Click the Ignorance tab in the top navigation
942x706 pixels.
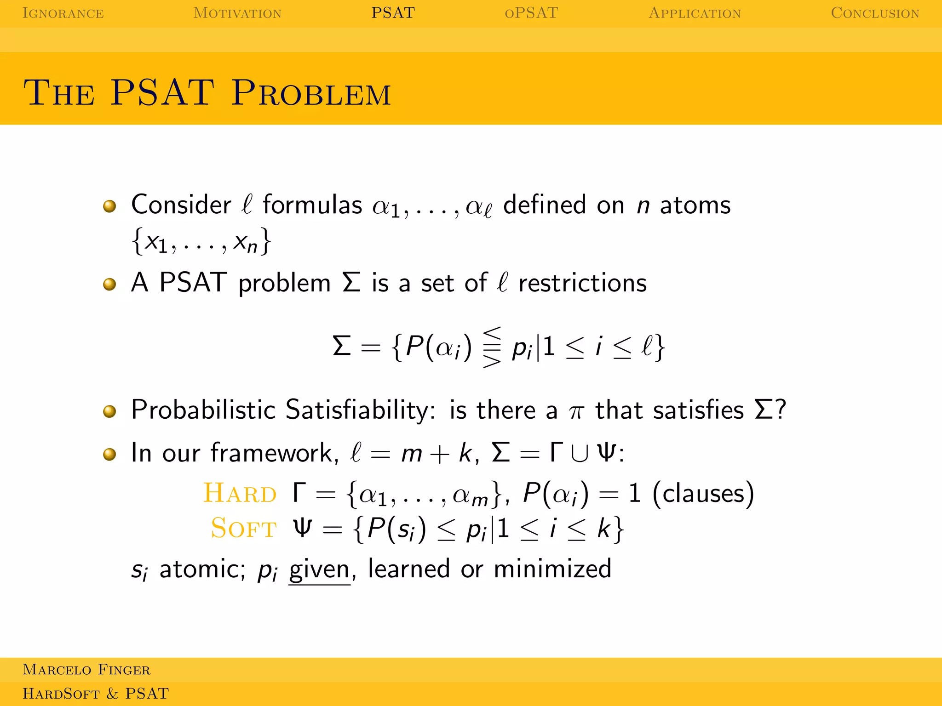coord(63,13)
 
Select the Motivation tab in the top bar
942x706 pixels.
coord(237,13)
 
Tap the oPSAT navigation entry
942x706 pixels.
coord(531,13)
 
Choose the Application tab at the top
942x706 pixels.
coord(695,13)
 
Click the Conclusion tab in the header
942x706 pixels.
coord(875,13)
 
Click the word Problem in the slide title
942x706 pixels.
coord(311,93)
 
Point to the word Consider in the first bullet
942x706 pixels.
coord(181,205)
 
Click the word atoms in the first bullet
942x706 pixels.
coord(695,205)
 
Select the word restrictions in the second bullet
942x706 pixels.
coord(582,283)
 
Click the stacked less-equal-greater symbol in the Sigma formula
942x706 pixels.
coord(492,347)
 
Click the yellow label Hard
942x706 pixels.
coord(240,493)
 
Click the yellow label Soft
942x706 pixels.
coord(243,528)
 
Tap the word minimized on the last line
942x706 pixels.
coord(552,569)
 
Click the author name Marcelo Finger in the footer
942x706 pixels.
coord(86,670)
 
